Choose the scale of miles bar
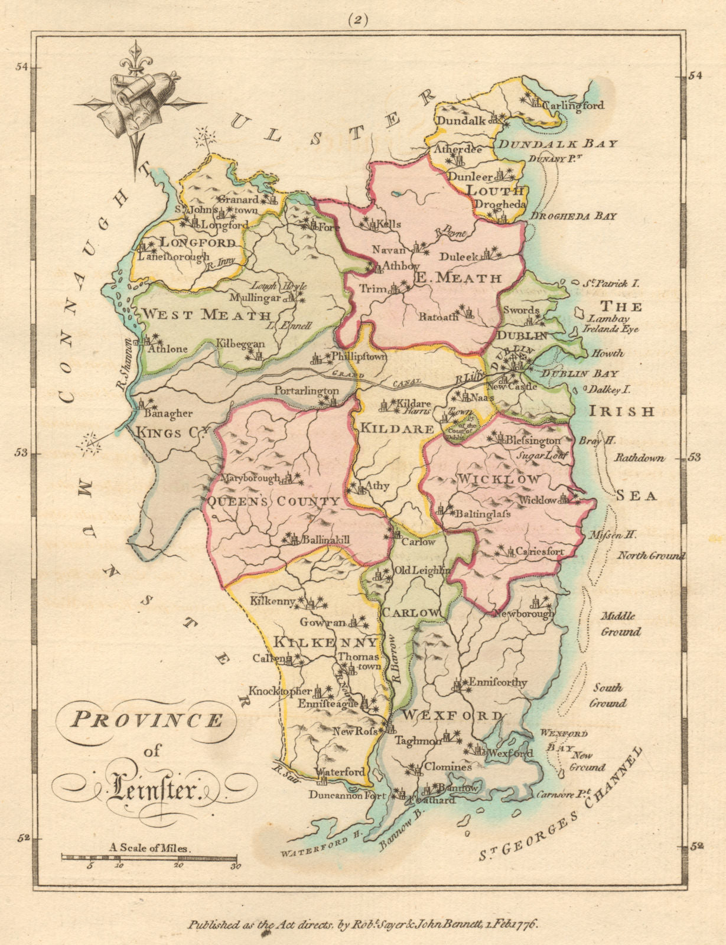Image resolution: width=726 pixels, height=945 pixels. tap(149, 857)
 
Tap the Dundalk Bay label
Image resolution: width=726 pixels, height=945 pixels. tap(558, 144)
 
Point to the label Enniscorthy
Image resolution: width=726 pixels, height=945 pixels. tap(497, 682)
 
